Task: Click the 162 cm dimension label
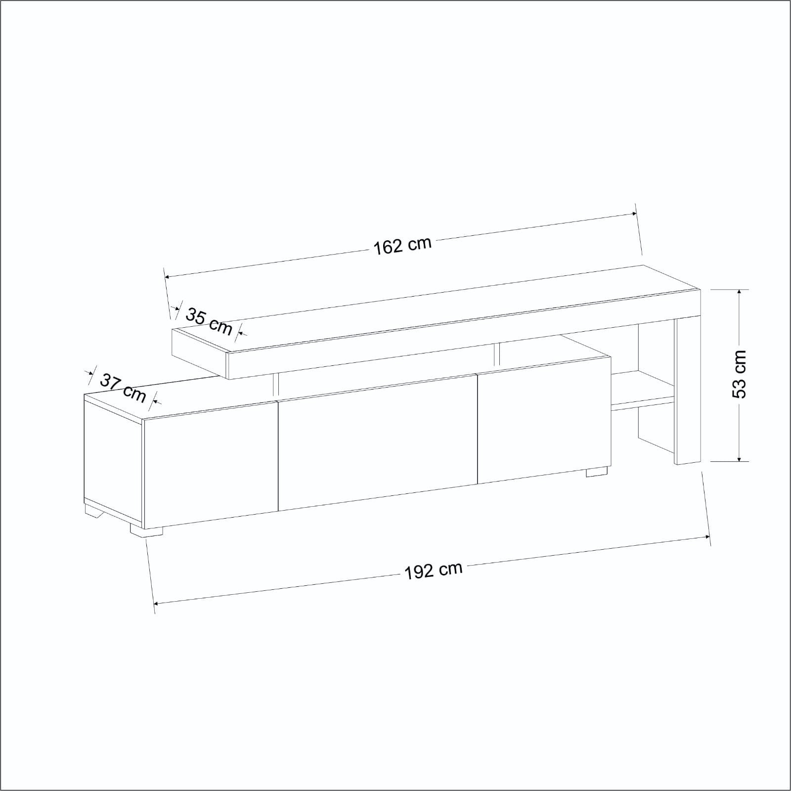tap(402, 246)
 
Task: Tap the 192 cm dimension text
tap(434, 571)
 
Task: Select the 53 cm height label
tap(739, 374)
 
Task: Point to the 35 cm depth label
tap(209, 321)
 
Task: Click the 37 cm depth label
tap(124, 388)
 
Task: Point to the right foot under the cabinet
tap(597, 472)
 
